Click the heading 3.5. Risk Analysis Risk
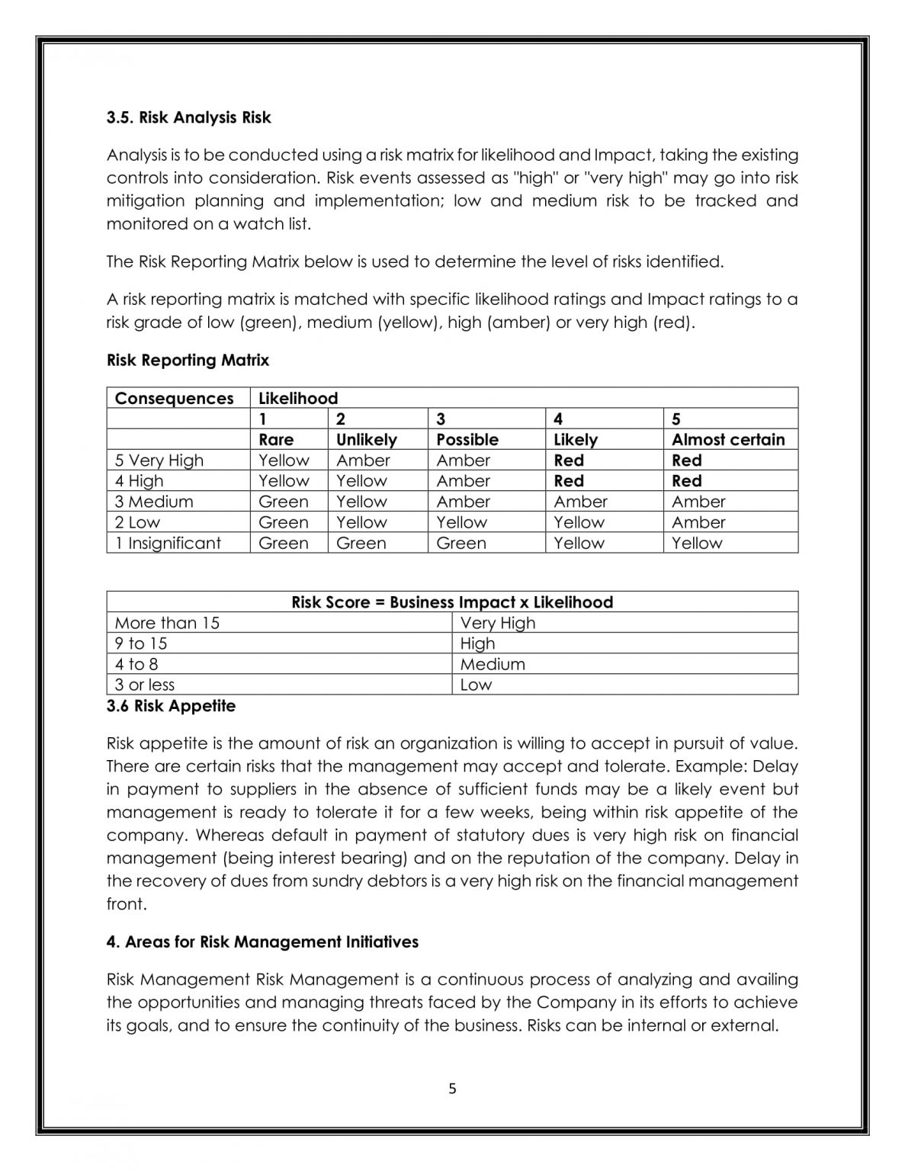[188, 117]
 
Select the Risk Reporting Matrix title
[188, 360]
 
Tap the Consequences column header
[174, 399]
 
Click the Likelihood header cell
[298, 399]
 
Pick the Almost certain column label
[727, 440]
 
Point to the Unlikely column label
[366, 440]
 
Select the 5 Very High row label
[159, 460]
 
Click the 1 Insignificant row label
[168, 543]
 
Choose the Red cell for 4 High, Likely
[569, 481]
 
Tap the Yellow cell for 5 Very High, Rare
[284, 460]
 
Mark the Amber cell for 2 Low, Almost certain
[698, 522]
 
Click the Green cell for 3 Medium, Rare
[284, 502]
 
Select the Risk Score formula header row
[452, 602]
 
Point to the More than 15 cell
[167, 623]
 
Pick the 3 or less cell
[145, 685]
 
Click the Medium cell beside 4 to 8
[493, 664]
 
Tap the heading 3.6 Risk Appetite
[171, 706]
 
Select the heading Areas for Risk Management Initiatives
[262, 942]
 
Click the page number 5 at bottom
[452, 1089]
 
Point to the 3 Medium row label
[154, 502]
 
